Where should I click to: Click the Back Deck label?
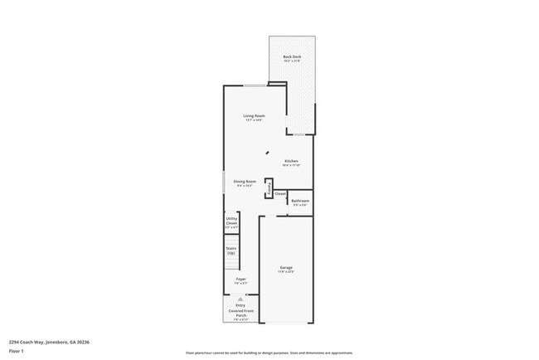[292, 56]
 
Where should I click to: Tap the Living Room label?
[254, 115]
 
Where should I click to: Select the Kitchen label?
[291, 160]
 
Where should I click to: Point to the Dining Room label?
[245, 181]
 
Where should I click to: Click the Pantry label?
[269, 188]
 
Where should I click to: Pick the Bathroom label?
[300, 201]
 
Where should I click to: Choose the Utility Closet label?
[231, 221]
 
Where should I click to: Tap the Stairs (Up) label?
[231, 249]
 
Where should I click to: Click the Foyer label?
[240, 280]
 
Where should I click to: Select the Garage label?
[286, 267]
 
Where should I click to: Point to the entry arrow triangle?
[240, 298]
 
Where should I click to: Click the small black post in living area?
[267, 153]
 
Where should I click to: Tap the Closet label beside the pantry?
[280, 194]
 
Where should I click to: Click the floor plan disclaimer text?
[269, 353]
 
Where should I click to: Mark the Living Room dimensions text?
[254, 120]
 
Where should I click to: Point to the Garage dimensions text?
[286, 271]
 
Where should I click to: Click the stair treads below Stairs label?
[231, 265]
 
